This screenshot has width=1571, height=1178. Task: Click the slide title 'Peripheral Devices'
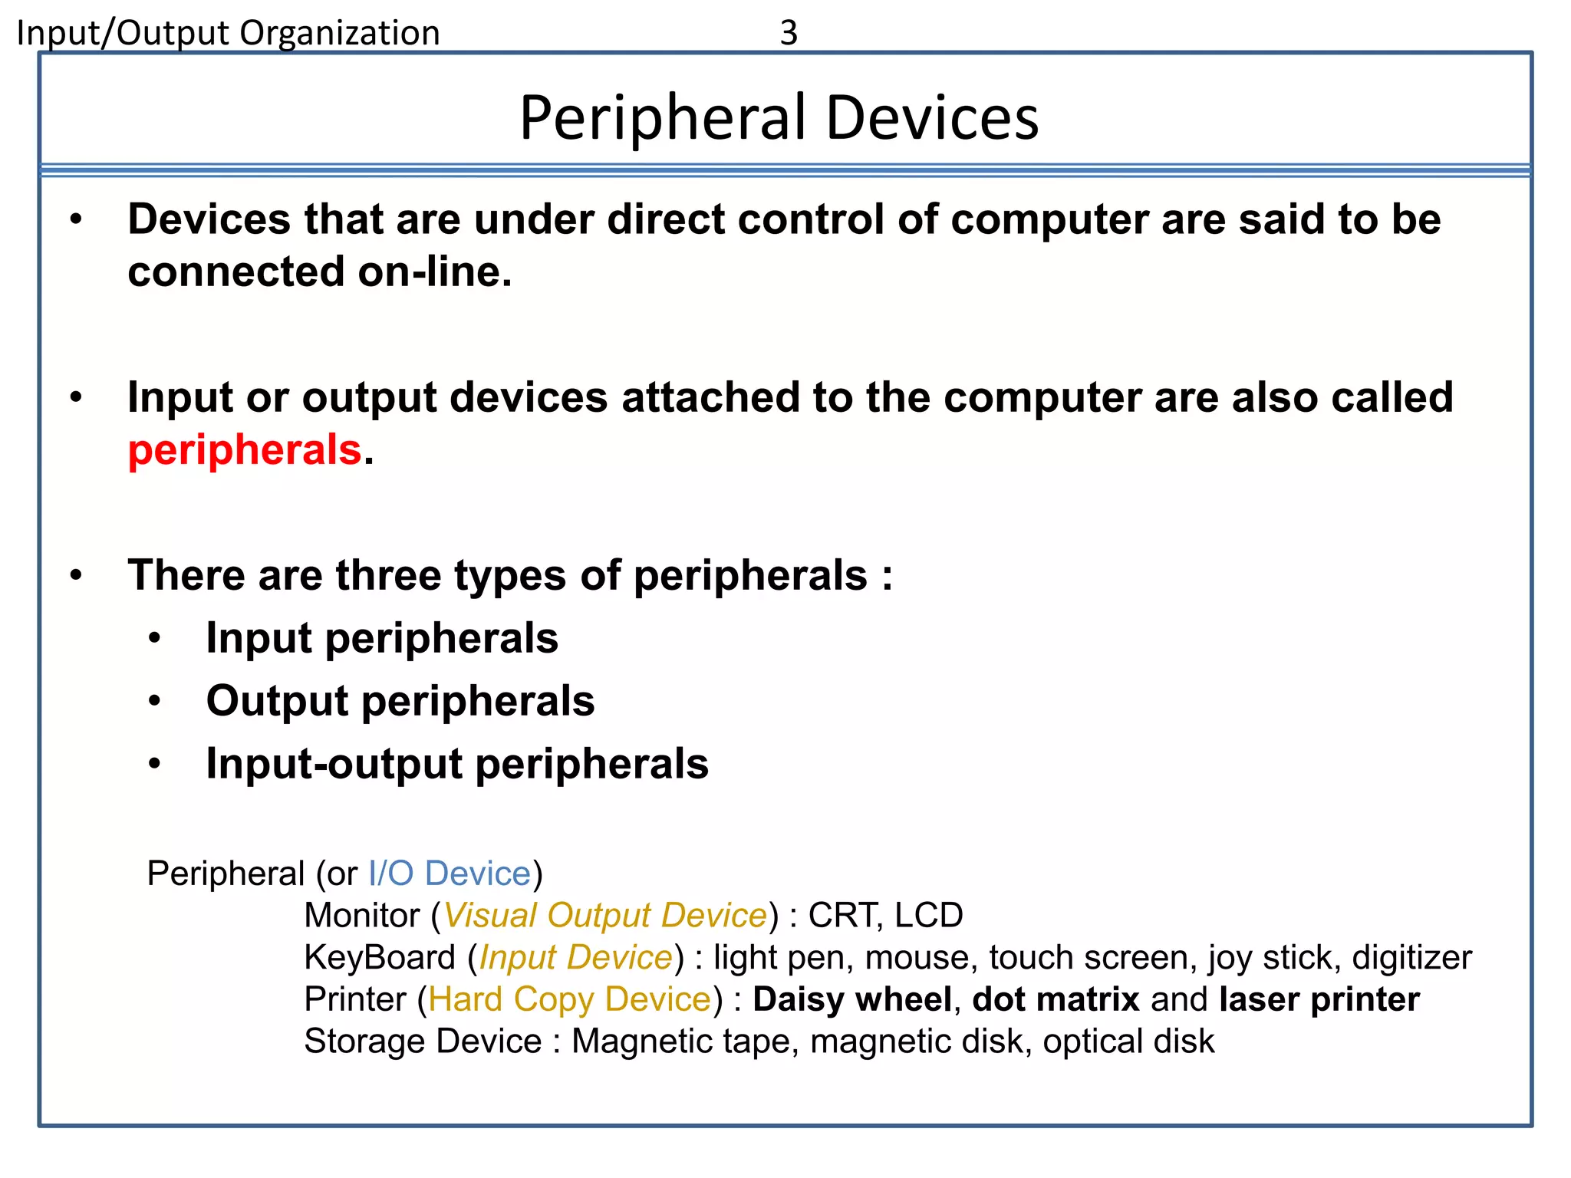click(779, 118)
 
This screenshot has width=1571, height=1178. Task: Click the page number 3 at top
click(789, 33)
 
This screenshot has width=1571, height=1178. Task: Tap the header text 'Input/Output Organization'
click(228, 34)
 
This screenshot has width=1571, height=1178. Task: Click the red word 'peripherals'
click(244, 449)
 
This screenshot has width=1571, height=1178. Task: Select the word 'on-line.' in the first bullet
click(434, 272)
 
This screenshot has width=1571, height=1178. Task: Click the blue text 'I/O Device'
click(450, 874)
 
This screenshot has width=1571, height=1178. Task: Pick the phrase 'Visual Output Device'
click(605, 916)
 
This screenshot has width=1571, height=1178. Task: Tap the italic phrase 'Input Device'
click(575, 958)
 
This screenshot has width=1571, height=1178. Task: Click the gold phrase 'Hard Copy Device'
click(570, 999)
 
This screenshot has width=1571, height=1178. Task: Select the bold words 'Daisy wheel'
click(852, 999)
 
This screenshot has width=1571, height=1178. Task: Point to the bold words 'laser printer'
click(1319, 999)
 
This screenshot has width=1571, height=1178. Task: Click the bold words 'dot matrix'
click(1056, 999)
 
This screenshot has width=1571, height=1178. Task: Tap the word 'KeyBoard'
click(380, 958)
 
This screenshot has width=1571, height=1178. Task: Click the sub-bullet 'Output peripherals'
click(400, 701)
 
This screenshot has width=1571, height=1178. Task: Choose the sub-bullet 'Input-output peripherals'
click(457, 764)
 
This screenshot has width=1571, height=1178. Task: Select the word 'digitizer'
click(1411, 958)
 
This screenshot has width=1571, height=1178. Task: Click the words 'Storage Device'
click(423, 1041)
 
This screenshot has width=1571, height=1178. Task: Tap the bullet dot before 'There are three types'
click(75, 575)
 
